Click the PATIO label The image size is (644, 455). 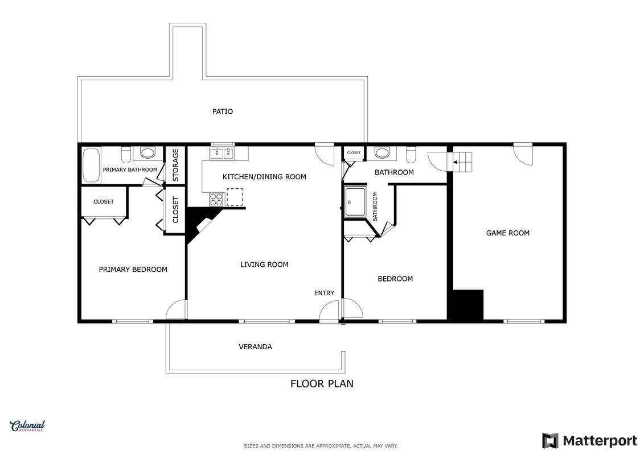click(222, 111)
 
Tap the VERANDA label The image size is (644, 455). click(255, 347)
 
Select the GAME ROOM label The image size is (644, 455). click(508, 233)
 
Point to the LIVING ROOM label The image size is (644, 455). click(264, 264)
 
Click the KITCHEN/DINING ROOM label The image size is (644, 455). click(264, 177)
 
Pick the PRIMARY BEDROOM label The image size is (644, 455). click(133, 270)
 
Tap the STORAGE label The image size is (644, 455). click(175, 165)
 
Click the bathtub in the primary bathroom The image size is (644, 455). click(91, 165)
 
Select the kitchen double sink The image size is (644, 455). click(222, 154)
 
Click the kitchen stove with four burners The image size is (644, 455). click(216, 200)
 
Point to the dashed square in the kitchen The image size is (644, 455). click(235, 197)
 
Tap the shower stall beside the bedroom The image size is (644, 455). click(355, 202)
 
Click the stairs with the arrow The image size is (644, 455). click(462, 162)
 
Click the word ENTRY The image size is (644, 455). click(324, 293)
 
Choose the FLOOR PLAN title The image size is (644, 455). click(322, 383)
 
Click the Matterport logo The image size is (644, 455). click(589, 441)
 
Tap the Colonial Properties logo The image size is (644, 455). click(27, 426)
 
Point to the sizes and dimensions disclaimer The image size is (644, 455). click(321, 446)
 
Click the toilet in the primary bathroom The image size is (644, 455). click(126, 154)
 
